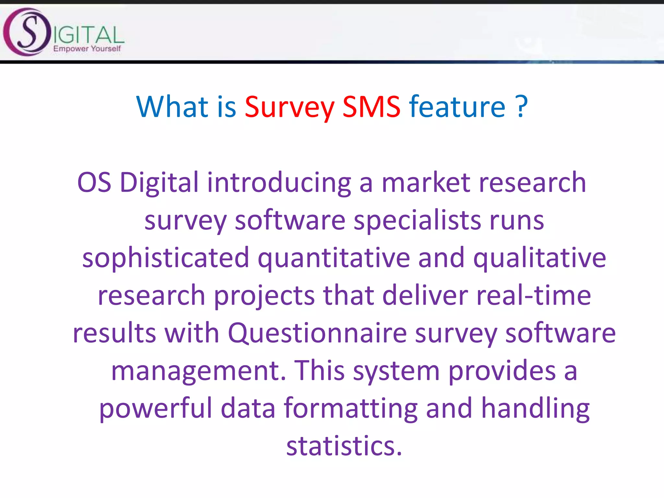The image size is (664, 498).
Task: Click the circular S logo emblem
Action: (x=27, y=32)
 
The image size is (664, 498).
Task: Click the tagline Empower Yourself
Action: (x=87, y=49)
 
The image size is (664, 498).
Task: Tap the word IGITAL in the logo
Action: (x=88, y=35)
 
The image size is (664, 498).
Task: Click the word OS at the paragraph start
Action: (x=94, y=182)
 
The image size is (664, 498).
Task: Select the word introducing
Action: (x=279, y=182)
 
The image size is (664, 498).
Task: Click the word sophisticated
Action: (x=165, y=258)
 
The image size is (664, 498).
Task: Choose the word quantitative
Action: (x=334, y=258)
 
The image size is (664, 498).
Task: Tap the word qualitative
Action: (x=539, y=258)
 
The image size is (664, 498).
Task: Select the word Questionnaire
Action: (x=317, y=333)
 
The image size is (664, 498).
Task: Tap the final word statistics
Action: (x=344, y=446)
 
